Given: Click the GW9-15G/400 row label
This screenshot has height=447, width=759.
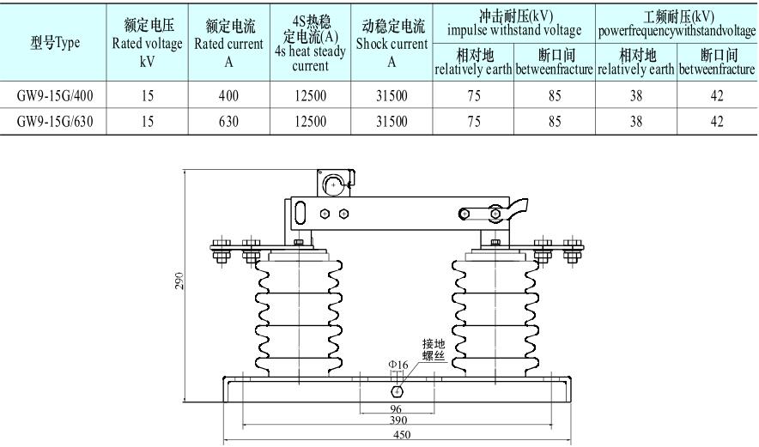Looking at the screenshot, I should click(55, 97).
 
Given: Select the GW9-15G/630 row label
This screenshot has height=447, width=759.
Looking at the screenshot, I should click(55, 122).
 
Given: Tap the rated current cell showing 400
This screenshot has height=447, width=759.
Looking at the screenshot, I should click(228, 97).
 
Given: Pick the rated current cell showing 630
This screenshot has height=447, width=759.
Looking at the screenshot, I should click(228, 122).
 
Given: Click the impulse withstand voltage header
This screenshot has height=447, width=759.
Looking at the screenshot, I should click(514, 22).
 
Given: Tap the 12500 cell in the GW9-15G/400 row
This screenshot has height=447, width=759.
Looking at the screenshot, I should click(310, 97).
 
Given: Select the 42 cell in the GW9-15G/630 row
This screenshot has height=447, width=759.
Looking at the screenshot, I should click(717, 122).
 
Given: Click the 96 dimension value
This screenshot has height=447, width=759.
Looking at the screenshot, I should click(396, 409).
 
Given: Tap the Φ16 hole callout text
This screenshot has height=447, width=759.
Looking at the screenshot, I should click(398, 365).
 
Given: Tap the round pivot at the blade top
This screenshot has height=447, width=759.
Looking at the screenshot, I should click(332, 182).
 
